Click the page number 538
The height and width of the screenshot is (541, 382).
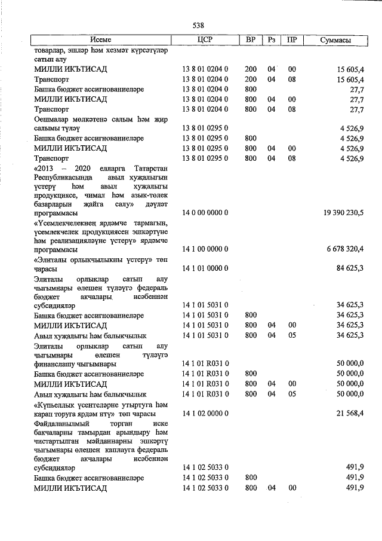[198, 25]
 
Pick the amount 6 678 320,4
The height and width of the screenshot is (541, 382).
[340, 248]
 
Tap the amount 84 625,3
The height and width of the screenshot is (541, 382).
[350, 268]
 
